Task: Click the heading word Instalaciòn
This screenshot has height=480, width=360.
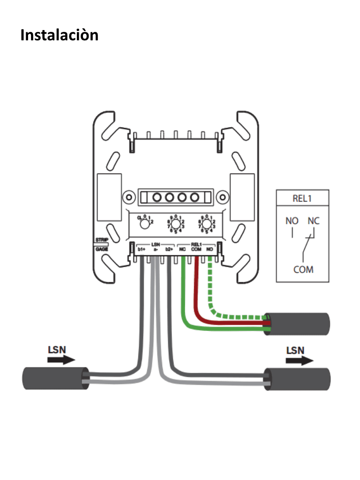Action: pyautogui.click(x=60, y=35)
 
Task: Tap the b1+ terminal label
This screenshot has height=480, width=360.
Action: pyautogui.click(x=141, y=250)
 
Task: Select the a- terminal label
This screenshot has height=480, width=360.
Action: pyautogui.click(x=155, y=250)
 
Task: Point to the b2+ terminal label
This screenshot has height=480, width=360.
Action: pyautogui.click(x=169, y=250)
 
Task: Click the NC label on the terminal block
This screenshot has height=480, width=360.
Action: pyautogui.click(x=182, y=250)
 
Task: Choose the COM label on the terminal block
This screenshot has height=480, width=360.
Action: pyautogui.click(x=196, y=250)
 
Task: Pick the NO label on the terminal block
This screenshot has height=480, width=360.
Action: pyautogui.click(x=210, y=250)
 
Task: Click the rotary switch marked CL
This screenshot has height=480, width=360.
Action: pyautogui.click(x=145, y=224)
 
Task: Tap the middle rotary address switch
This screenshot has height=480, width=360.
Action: pyautogui.click(x=176, y=224)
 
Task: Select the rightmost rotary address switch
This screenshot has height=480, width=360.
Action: pyautogui.click(x=206, y=224)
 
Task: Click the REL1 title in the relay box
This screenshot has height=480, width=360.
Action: pyautogui.click(x=302, y=198)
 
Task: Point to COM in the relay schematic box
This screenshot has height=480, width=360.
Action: pyautogui.click(x=303, y=270)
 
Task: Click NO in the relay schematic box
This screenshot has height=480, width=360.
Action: pyautogui.click(x=292, y=221)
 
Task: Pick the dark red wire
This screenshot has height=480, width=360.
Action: pyautogui.click(x=197, y=300)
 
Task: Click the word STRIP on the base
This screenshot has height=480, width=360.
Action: pyautogui.click(x=102, y=240)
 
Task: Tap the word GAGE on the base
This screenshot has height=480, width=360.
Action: pyautogui.click(x=102, y=249)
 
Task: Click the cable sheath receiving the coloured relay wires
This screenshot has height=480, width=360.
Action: pyautogui.click(x=298, y=324)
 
